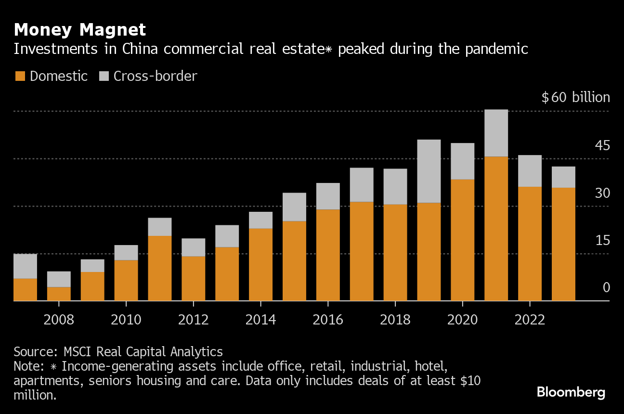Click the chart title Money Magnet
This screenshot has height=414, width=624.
click(80, 30)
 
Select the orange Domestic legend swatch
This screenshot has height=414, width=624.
click(20, 76)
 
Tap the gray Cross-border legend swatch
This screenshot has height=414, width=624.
click(104, 76)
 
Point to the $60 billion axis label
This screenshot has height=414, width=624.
click(575, 98)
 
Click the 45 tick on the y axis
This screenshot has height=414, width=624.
click(602, 145)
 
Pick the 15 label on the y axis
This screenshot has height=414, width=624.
click(602, 240)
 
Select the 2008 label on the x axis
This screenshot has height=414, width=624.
click(59, 320)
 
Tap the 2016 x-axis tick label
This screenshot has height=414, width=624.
click(328, 320)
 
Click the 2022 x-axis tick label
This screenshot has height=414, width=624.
click(530, 320)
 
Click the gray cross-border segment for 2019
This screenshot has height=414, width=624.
click(429, 171)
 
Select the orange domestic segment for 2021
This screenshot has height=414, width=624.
click(496, 229)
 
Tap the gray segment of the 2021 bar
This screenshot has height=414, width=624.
click(496, 133)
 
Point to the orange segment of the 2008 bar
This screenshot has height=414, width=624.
click(59, 294)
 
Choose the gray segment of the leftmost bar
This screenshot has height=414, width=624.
click(25, 266)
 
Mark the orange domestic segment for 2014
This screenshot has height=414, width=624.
click(260, 264)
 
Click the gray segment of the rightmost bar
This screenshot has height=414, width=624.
click(563, 177)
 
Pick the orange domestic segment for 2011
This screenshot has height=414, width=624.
click(160, 268)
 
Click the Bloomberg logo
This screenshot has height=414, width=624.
click(571, 392)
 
